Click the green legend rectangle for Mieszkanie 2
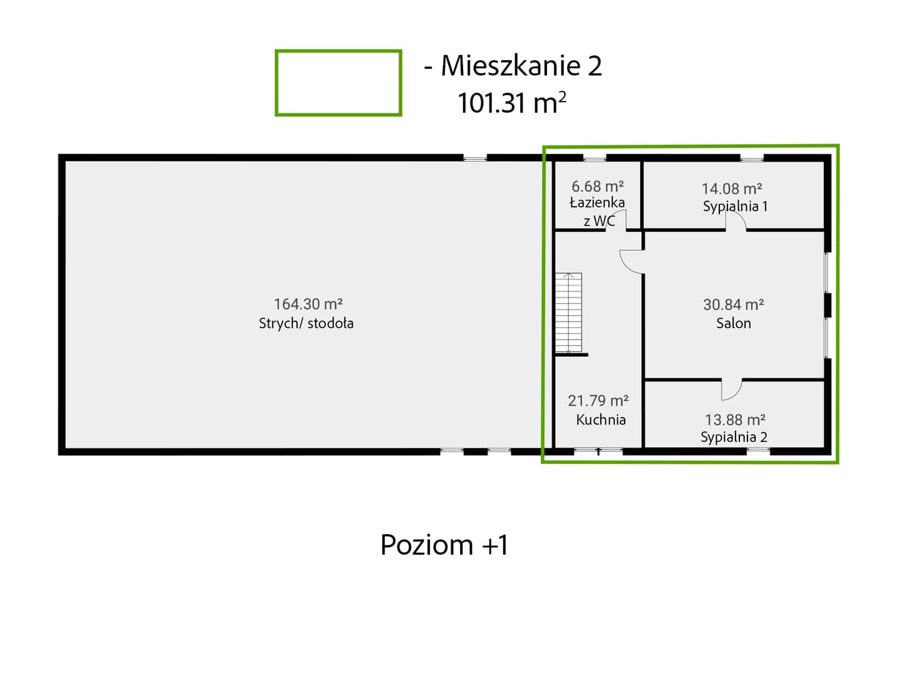click(x=338, y=51)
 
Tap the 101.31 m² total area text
click(x=512, y=103)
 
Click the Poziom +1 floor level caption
click(x=444, y=545)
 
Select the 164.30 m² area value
click(x=308, y=304)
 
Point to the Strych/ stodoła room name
click(x=306, y=323)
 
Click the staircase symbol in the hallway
click(x=568, y=312)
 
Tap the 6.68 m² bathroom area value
click(x=597, y=186)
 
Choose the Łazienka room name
click(x=597, y=202)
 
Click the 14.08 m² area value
click(x=732, y=189)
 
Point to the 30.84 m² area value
click(x=734, y=305)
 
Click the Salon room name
click(x=734, y=323)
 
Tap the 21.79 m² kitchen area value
click(x=598, y=401)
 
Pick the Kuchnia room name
click(x=600, y=420)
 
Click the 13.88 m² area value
click(x=735, y=420)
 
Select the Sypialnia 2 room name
click(x=734, y=437)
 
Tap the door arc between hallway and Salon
click(x=626, y=265)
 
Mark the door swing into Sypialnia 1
click(x=740, y=218)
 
